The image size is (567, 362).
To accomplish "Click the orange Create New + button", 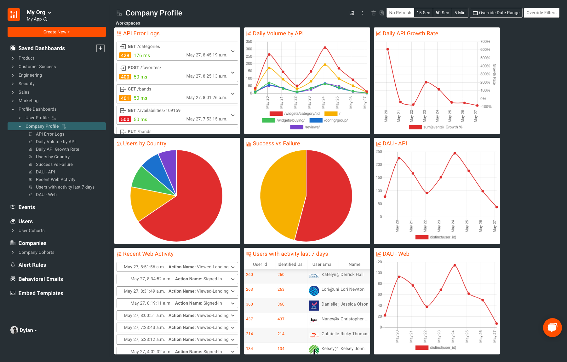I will [57, 32].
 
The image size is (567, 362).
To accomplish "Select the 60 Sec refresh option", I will [442, 13].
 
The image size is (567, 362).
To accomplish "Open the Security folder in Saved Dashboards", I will [26, 84].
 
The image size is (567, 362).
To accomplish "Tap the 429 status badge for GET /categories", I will [125, 55].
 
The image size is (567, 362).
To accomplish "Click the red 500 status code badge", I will [125, 120].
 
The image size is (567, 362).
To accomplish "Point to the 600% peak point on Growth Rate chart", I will [387, 49].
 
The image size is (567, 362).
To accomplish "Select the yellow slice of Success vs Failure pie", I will [280, 196].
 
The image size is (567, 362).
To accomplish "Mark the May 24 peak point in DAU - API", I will [455, 153].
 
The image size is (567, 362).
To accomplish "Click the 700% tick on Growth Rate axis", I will [485, 42].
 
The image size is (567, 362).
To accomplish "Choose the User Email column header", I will [323, 264].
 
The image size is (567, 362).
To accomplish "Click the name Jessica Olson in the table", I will [354, 304].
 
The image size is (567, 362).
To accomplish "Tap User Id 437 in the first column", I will [249, 319].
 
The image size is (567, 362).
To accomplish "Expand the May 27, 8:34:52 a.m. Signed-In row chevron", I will [233, 279].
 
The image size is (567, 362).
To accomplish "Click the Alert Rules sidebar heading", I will [32, 265].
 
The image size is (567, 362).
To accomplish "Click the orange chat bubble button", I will [552, 328].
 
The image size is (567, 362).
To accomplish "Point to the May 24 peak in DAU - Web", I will [455, 265].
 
